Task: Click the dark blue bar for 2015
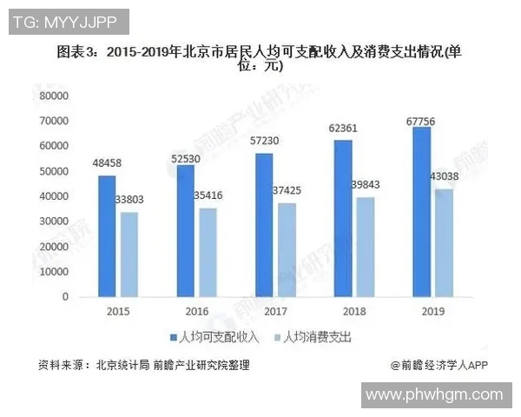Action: pyautogui.click(x=106, y=235)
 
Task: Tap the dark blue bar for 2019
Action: pyautogui.click(x=421, y=211)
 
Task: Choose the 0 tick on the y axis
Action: pyautogui.click(x=65, y=297)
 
